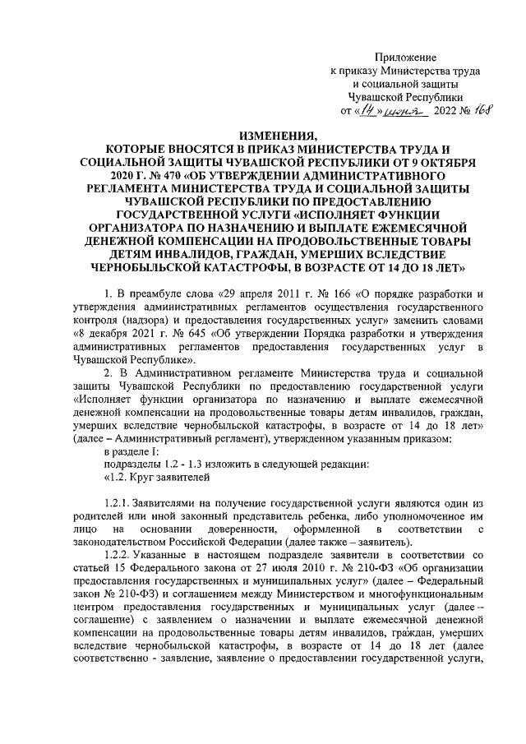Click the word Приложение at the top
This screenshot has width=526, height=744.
406,57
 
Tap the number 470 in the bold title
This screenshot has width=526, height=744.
145,176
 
